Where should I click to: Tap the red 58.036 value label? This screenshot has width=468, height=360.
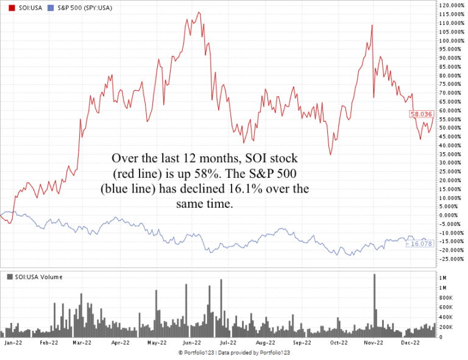click(x=421, y=114)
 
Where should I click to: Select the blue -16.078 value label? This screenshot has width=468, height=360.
click(x=420, y=244)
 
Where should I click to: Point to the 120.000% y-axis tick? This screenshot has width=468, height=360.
click(x=452, y=5)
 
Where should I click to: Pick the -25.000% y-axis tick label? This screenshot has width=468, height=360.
click(x=452, y=259)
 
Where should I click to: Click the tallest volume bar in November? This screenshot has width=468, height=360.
click(x=374, y=305)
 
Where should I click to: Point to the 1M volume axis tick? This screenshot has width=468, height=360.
click(x=443, y=287)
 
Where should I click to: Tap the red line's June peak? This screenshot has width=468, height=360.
click(x=192, y=12)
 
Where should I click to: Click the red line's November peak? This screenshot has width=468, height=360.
click(x=371, y=25)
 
